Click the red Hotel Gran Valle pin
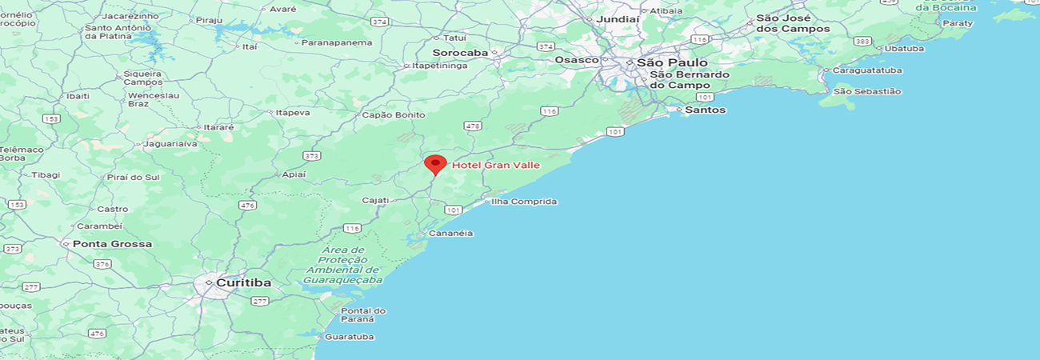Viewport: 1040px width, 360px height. pos(435,164)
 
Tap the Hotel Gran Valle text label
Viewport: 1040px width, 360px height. pos(496,166)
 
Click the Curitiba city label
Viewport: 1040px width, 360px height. pos(243,283)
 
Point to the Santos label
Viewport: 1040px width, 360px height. pos(706,110)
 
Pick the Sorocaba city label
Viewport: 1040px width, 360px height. pos(460,53)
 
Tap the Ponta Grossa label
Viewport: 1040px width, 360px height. pos(112,244)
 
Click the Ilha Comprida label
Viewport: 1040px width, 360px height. pos(524,202)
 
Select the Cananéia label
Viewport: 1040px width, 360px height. pos(452,234)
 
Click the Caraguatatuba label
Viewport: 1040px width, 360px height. pos(867,70)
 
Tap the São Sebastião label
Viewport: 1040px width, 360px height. pos(867,91)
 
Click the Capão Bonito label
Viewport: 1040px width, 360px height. pos(394,115)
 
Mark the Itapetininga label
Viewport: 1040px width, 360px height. pos(440,66)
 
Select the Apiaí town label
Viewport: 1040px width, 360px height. pos(294,174)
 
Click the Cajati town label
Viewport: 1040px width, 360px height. pos(376,200)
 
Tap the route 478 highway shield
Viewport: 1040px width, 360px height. pos(473,126)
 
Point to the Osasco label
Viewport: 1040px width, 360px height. pos(577,60)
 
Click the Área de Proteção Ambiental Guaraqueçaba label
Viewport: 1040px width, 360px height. pos(342,265)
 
